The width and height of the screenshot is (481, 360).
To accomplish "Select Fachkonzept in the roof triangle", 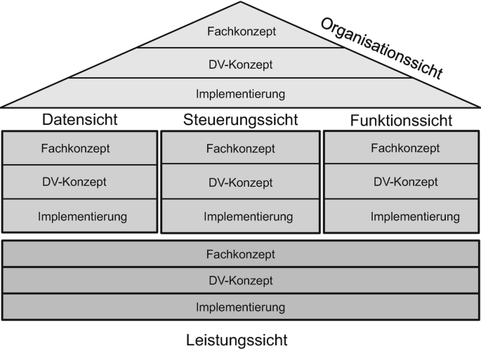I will click(240, 32).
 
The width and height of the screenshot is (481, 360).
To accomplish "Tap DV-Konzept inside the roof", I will click(240, 65).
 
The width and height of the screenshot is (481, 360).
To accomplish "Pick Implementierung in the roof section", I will click(240, 93).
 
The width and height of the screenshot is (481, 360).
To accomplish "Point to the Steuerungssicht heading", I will click(240, 120).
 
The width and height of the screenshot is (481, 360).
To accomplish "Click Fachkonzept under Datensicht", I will click(79, 148).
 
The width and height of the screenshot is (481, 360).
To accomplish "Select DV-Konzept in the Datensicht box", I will click(79, 182).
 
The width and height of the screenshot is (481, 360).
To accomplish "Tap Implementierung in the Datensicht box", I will click(82, 216).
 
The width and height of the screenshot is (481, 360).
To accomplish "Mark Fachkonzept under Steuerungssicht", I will click(240, 149).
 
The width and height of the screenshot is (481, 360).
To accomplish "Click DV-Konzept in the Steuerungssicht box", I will click(240, 182).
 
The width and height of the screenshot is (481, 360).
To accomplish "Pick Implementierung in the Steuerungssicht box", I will click(240, 216).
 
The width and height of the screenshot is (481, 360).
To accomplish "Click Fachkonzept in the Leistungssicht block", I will click(240, 254).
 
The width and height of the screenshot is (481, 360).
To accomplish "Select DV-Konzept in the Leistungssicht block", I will click(240, 281).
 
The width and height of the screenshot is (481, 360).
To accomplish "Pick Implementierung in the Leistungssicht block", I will click(240, 307).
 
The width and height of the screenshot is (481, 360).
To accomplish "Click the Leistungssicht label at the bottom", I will click(237, 342).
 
